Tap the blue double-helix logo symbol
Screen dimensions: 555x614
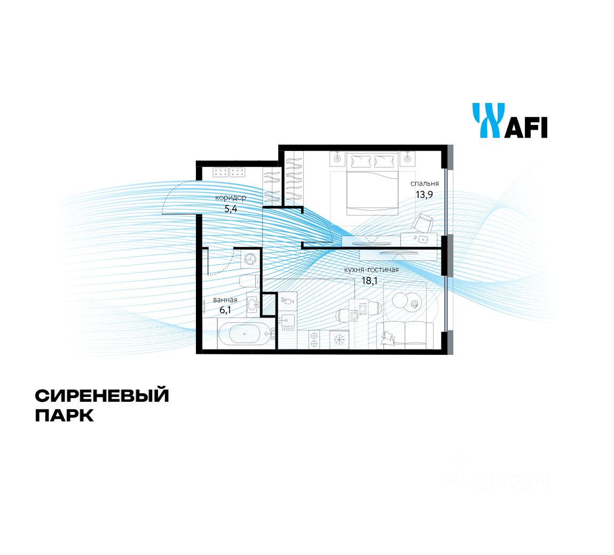(486, 121)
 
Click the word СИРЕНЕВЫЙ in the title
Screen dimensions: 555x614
(102, 396)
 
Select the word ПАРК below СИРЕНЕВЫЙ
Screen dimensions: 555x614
(65, 415)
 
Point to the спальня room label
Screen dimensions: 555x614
(424, 184)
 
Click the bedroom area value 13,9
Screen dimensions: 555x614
(424, 194)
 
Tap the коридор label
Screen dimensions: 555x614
(231, 198)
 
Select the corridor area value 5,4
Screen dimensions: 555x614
(231, 209)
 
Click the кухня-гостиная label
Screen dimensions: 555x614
(372, 269)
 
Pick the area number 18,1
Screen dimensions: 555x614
(369, 280)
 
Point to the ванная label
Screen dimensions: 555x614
(225, 300)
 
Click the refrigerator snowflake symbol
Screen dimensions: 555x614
(337, 338)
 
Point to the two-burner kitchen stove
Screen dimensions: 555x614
(314, 339)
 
